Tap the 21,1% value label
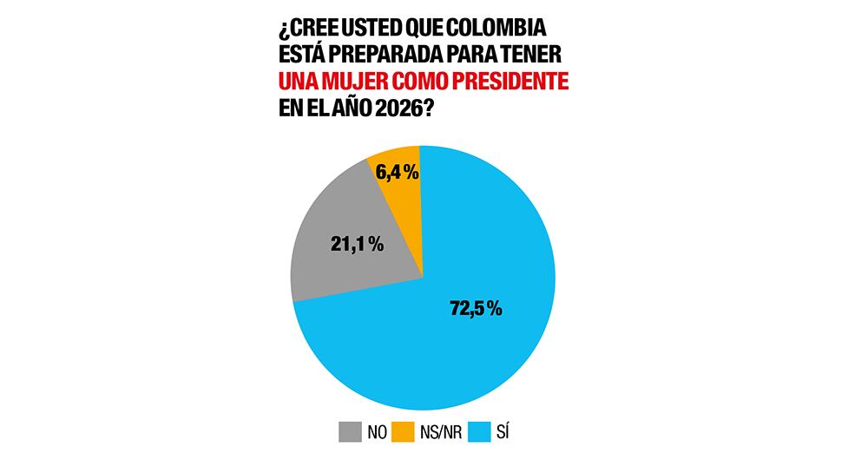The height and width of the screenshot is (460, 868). click(x=357, y=245)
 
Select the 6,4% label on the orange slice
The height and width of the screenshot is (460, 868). click(x=397, y=173)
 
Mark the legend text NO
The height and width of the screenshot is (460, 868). click(x=375, y=430)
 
